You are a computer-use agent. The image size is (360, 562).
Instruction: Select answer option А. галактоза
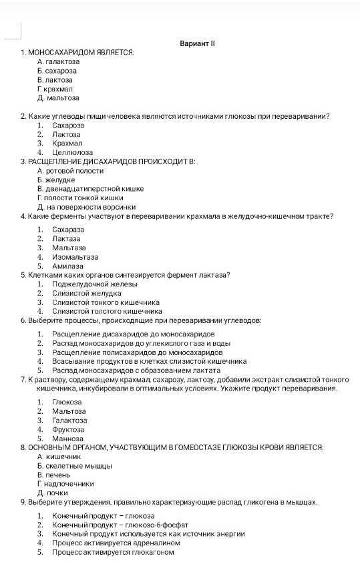[x=58, y=61]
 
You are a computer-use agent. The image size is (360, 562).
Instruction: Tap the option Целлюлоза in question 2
[x=72, y=152]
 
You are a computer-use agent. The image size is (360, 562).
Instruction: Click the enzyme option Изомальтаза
[x=75, y=256]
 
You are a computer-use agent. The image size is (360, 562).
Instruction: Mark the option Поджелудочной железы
[x=94, y=284]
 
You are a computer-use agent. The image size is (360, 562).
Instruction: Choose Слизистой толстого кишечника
[x=107, y=310]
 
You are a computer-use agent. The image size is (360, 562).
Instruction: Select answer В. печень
[x=54, y=475]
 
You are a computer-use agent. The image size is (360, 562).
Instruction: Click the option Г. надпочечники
[x=65, y=483]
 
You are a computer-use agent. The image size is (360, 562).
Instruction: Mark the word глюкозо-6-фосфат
[x=156, y=525]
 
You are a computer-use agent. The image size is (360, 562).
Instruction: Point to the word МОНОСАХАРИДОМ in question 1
[x=55, y=52]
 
